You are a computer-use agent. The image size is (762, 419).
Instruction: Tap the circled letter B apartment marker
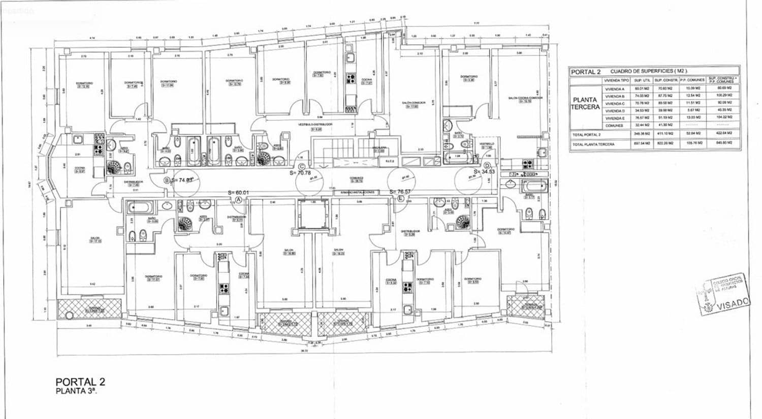[166, 180]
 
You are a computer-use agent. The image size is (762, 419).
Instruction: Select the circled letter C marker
[302, 166]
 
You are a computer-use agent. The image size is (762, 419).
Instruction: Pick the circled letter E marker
[402, 199]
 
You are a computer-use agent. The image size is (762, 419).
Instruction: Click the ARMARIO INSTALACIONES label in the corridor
[358, 193]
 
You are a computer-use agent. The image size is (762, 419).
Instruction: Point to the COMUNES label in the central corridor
[356, 178]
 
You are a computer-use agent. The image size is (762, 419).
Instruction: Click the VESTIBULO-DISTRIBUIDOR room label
[315, 123]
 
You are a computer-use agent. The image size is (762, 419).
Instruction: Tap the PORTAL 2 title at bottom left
[80, 382]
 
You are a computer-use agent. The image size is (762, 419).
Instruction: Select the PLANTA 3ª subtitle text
[76, 391]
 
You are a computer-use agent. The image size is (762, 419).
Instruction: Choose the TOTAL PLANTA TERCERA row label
[593, 145]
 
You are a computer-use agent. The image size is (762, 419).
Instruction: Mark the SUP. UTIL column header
[643, 80]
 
